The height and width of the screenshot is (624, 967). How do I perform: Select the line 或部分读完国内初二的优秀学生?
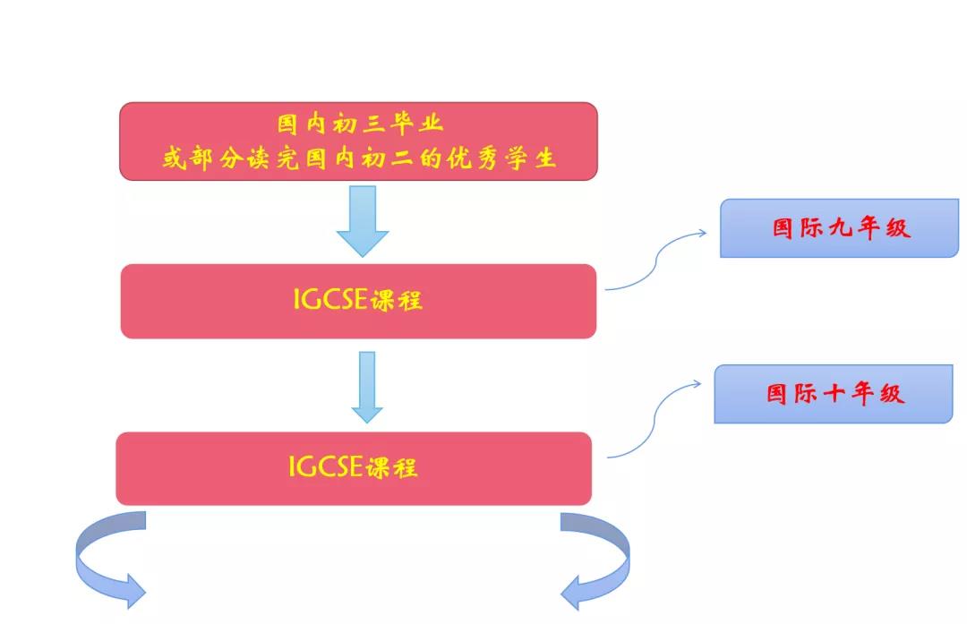[x=360, y=159]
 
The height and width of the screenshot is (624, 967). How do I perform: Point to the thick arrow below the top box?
[x=363, y=219]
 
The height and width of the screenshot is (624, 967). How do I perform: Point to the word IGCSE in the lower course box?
[x=324, y=466]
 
